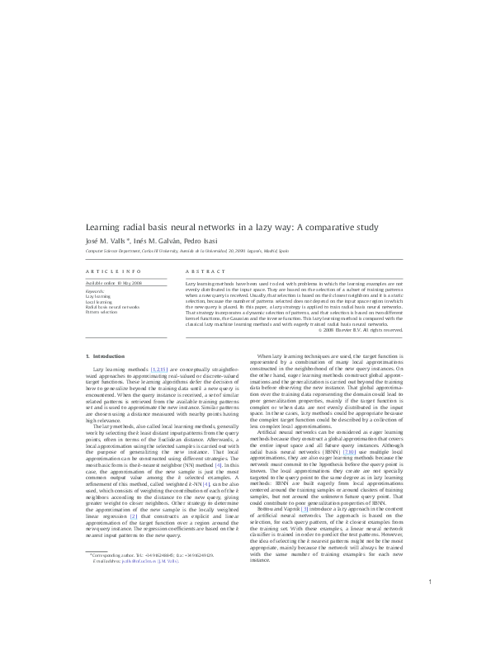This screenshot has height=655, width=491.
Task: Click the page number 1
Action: [431, 629]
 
